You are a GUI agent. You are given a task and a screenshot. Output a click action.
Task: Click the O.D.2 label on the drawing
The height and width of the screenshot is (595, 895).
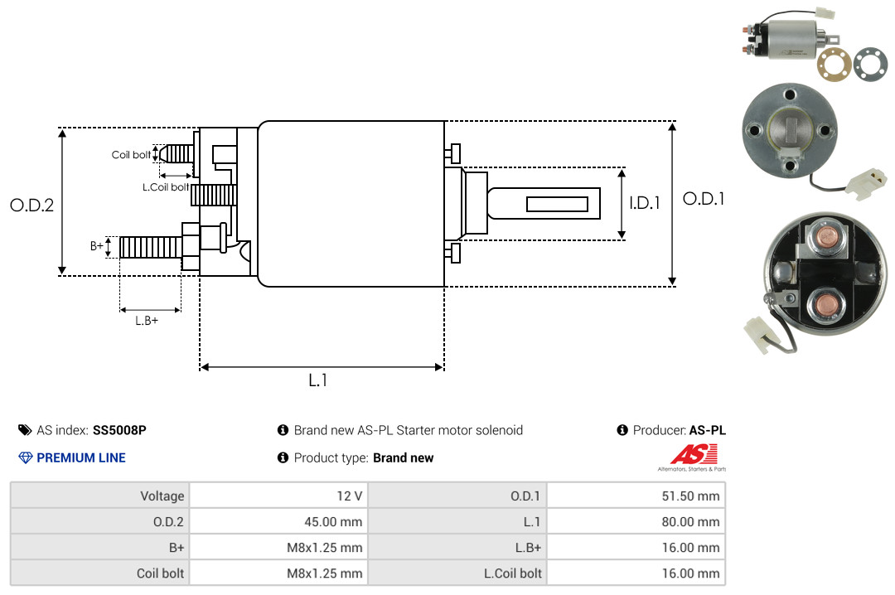tap(32, 205)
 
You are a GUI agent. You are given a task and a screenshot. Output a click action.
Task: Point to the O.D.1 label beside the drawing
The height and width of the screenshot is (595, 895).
tap(704, 199)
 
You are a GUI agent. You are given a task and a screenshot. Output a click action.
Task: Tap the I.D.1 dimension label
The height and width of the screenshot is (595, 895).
tap(645, 203)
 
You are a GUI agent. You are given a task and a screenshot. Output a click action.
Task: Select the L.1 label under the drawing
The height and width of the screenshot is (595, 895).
tap(318, 380)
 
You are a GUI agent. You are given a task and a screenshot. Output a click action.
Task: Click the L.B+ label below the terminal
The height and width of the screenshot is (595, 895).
tap(147, 321)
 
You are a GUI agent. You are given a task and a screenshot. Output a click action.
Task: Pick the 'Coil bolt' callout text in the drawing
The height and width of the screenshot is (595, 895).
tap(131, 155)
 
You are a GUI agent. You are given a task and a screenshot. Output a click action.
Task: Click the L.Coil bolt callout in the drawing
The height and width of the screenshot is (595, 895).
tap(166, 186)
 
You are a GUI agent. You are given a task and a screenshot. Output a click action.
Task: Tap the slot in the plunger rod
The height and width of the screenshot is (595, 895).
tap(557, 204)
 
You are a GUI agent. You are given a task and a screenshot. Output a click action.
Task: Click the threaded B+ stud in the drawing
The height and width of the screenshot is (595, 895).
tap(152, 247)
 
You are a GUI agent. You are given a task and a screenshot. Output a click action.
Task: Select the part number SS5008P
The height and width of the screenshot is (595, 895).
tap(119, 430)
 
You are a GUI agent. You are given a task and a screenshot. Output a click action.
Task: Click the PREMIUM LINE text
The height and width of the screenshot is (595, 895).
tap(81, 457)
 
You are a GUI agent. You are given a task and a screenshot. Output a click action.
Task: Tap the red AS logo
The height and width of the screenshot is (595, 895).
tap(694, 454)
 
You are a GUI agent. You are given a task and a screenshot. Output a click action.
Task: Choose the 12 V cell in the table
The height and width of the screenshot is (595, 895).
tap(278, 496)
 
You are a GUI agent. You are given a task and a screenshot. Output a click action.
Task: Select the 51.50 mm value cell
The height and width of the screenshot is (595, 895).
tap(636, 496)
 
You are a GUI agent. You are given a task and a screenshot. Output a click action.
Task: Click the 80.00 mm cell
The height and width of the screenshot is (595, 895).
tap(636, 521)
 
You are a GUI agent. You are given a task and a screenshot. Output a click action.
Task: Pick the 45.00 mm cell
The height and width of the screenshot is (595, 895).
tap(278, 521)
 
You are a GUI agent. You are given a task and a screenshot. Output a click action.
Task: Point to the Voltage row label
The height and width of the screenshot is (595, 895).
tap(162, 496)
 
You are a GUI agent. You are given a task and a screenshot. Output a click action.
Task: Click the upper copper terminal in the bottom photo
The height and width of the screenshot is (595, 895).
tap(825, 236)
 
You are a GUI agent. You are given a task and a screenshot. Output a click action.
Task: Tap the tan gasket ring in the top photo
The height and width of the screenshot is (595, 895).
tap(834, 64)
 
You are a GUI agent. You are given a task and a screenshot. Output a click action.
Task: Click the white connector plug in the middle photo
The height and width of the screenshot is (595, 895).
tap(867, 182)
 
